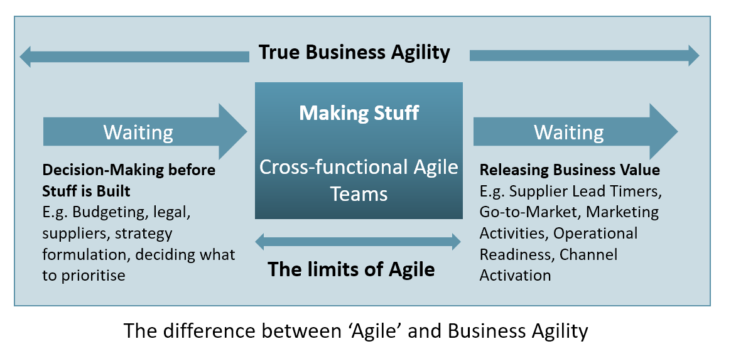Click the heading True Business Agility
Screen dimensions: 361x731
coord(354,53)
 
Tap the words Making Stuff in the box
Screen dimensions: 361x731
coord(359,113)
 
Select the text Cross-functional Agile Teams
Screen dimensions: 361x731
coord(359,180)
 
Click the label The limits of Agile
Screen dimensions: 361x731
coord(351,269)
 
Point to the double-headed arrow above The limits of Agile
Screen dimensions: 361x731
coord(358,241)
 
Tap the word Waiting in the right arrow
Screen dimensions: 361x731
coord(568,132)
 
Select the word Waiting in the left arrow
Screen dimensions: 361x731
coord(138,132)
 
